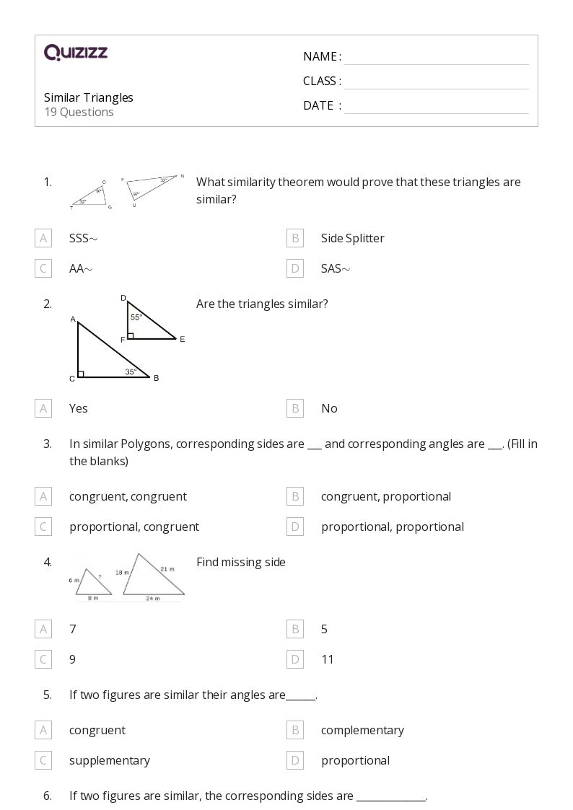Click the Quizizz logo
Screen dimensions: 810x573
(x=76, y=53)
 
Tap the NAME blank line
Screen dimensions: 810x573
(x=436, y=58)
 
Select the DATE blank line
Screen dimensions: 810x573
(x=436, y=107)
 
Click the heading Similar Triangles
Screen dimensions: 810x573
(x=89, y=97)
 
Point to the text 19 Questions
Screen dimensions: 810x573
(x=79, y=113)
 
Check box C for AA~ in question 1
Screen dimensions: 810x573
(x=43, y=269)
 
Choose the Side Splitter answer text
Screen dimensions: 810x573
(x=352, y=238)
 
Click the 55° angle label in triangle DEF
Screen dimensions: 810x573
(x=136, y=317)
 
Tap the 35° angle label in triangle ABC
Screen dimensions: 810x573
(x=130, y=372)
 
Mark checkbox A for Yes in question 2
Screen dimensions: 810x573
(x=43, y=408)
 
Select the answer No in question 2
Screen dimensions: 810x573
(x=329, y=408)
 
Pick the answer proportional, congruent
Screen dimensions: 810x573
(x=134, y=527)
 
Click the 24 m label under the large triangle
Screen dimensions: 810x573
(x=153, y=598)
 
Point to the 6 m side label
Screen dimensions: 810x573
(x=74, y=580)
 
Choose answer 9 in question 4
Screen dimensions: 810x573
(x=72, y=659)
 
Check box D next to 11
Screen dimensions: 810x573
(x=294, y=659)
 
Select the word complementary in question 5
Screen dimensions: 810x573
(x=362, y=730)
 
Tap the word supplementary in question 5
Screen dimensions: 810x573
(x=110, y=760)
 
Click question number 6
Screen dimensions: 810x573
(x=48, y=796)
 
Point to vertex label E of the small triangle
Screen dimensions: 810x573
(x=183, y=339)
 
